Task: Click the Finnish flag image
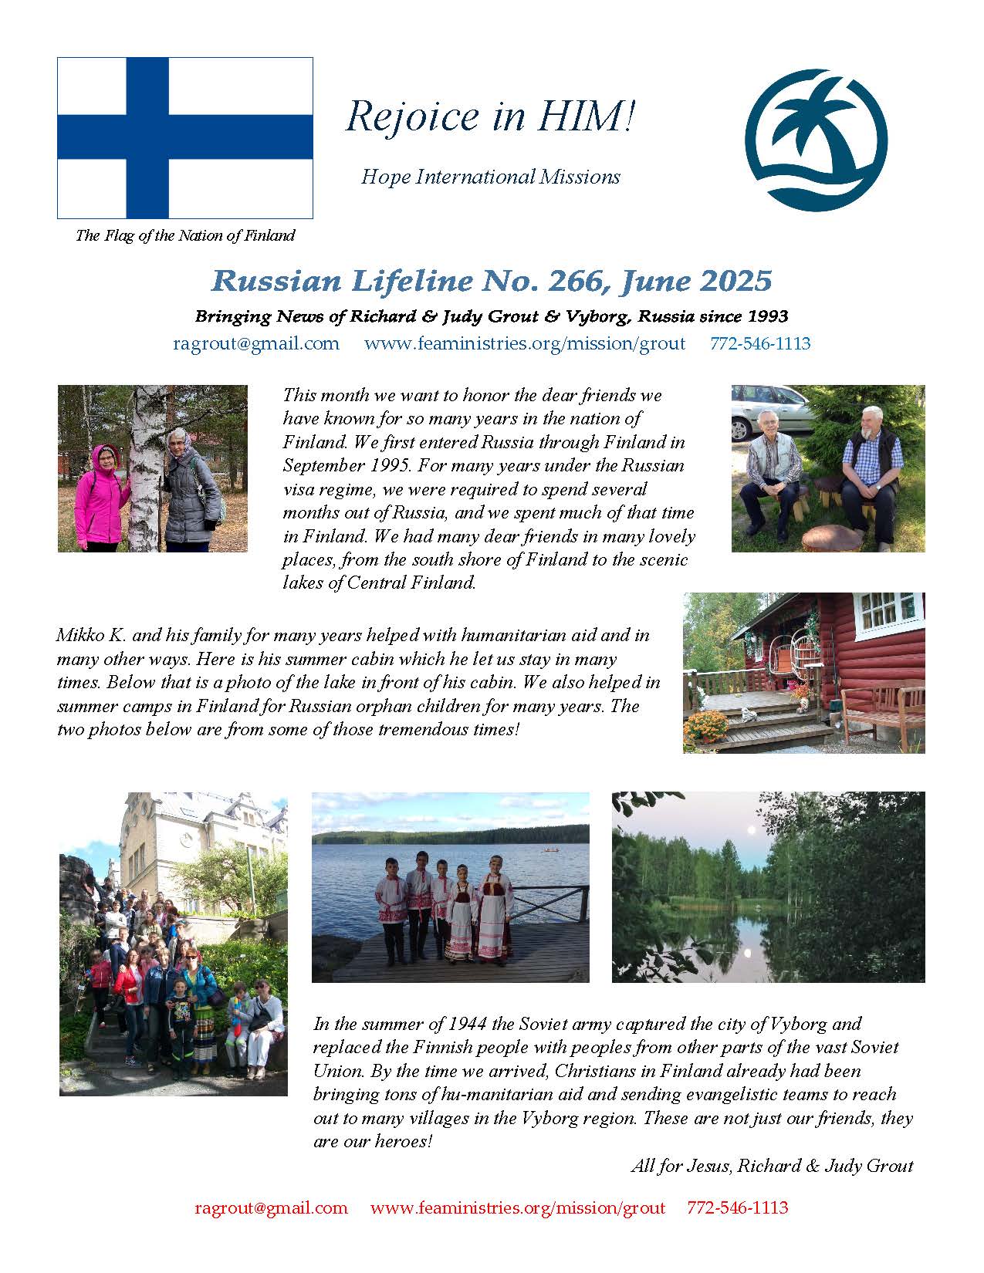pyautogui.click(x=185, y=138)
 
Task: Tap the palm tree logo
pyautogui.click(x=816, y=140)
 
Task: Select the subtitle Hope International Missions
pyautogui.click(x=491, y=177)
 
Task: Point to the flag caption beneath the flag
pyautogui.click(x=185, y=236)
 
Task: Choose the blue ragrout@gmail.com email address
pyautogui.click(x=256, y=344)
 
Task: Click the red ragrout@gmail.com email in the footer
pyautogui.click(x=271, y=1207)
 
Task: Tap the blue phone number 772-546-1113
pyautogui.click(x=760, y=344)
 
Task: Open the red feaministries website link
pyautogui.click(x=517, y=1207)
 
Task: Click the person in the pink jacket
pyautogui.click(x=101, y=494)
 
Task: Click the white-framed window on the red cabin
pyautogui.click(x=890, y=611)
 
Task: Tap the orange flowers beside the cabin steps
pyautogui.click(x=705, y=725)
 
